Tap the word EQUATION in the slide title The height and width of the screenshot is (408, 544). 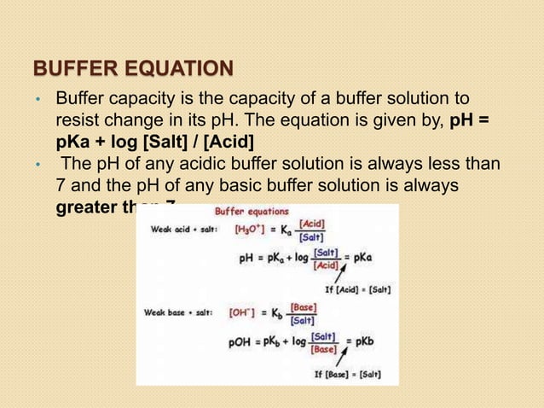point(177,67)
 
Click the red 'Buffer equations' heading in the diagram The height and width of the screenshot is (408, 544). point(252,212)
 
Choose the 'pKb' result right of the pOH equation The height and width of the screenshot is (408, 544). point(363,341)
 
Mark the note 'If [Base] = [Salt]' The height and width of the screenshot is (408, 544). point(348,374)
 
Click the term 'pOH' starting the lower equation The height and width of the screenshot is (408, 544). point(240,342)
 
